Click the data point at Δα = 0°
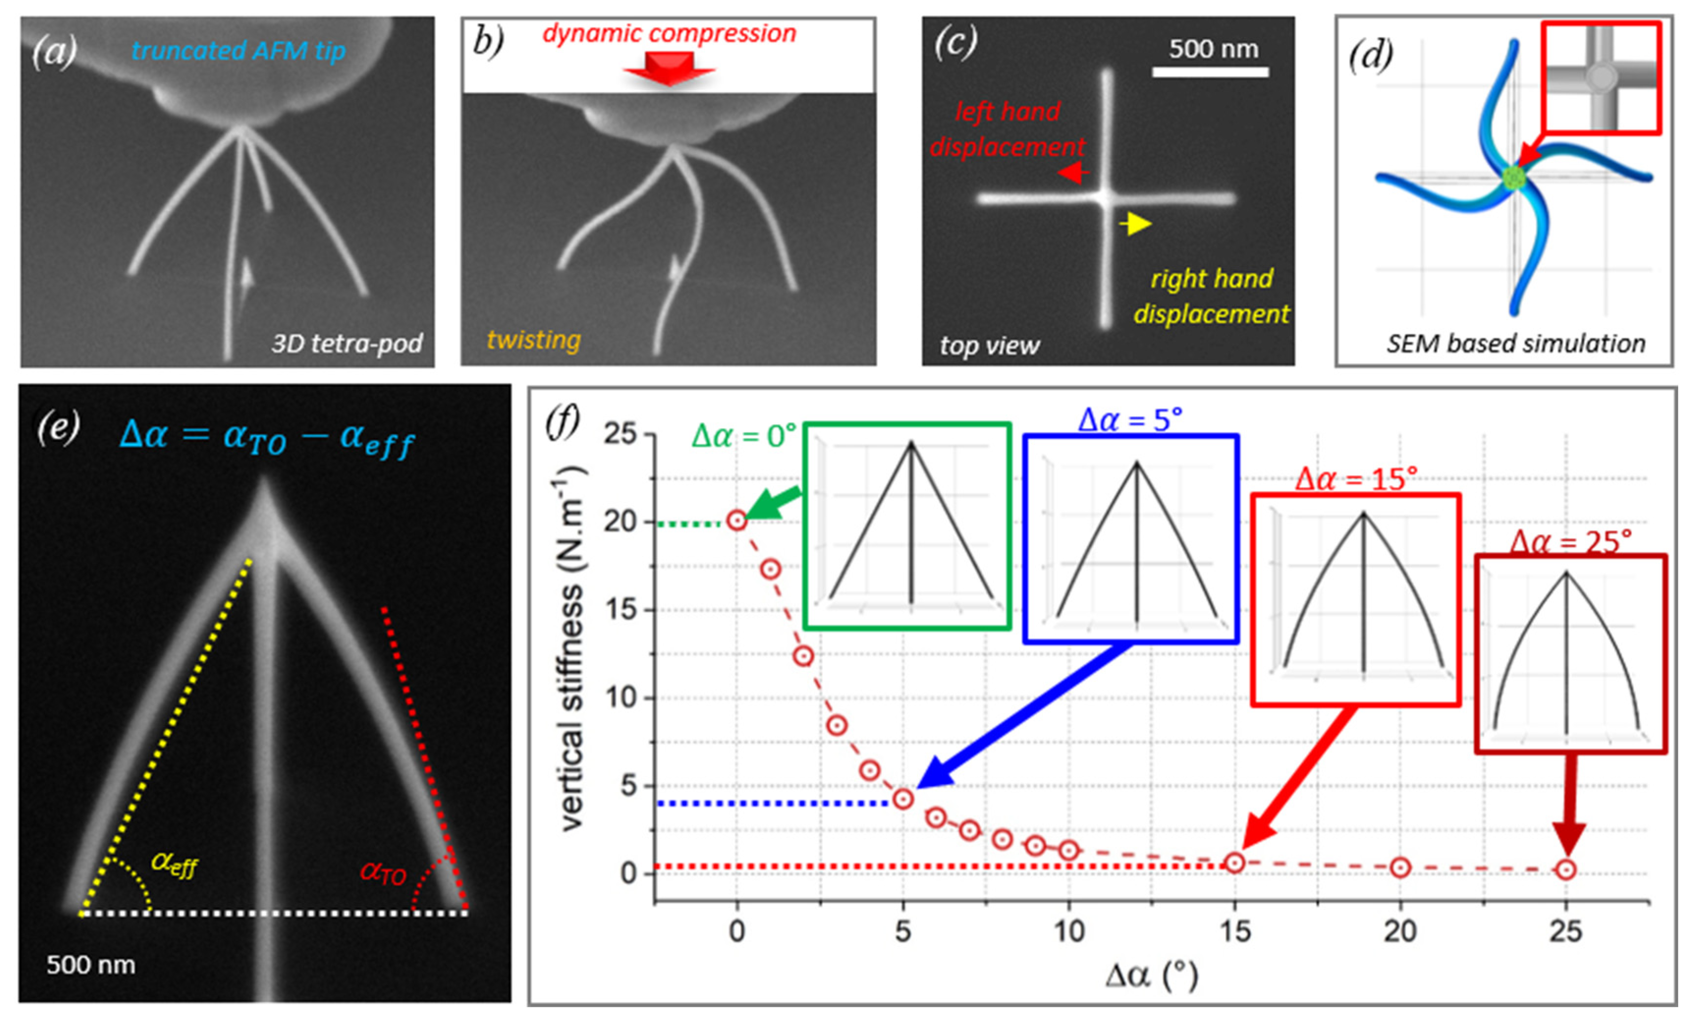737,521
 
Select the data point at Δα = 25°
1566,870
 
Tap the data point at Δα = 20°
1400,868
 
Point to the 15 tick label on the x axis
1234,932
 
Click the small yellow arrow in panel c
1136,223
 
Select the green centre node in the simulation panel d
1513,177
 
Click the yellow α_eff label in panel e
174,864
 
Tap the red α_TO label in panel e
383,873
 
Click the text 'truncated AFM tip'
238,51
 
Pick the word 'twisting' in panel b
534,340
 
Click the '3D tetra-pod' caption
347,343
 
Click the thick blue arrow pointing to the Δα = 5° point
1023,714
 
